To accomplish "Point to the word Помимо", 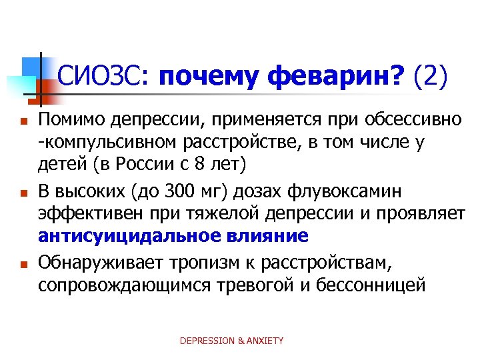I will tap(70, 120).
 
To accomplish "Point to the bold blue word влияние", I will tap(272, 236).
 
